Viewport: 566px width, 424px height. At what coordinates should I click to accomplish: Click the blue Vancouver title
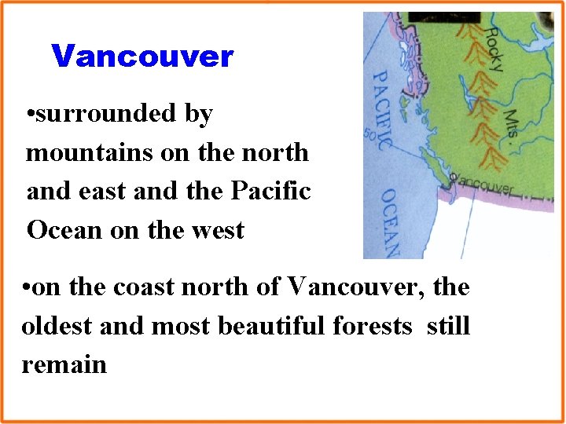coord(142,57)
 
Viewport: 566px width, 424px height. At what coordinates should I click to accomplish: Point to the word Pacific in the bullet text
coord(270,191)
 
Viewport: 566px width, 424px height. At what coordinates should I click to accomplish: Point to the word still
coord(448,325)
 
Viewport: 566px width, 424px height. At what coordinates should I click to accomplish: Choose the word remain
coord(64,364)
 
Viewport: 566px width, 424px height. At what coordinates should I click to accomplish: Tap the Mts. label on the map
coord(512,123)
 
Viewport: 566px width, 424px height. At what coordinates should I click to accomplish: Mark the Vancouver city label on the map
coord(484,187)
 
